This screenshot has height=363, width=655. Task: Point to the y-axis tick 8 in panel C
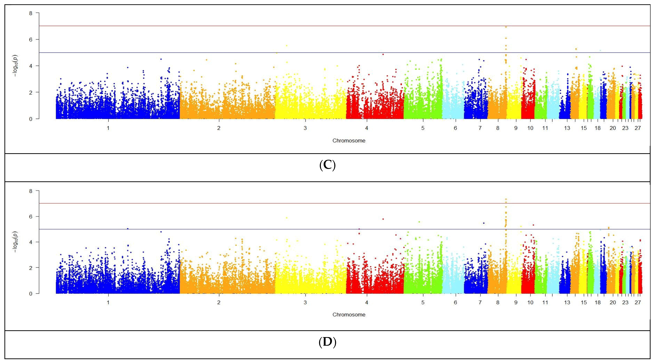(31, 13)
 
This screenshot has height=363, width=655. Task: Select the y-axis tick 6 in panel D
(31, 216)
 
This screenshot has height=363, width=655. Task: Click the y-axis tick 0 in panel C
(31, 119)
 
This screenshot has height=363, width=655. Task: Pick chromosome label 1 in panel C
(108, 128)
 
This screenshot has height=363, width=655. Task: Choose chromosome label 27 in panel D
(638, 302)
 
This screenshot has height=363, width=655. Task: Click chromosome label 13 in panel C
(567, 128)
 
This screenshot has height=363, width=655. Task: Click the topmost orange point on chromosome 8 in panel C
(506, 27)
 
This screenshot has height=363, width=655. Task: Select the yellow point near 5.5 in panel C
(287, 46)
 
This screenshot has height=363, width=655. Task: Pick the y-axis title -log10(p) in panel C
(16, 66)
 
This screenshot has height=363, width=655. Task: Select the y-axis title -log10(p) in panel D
(16, 242)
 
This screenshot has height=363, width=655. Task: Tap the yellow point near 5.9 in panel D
(287, 218)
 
